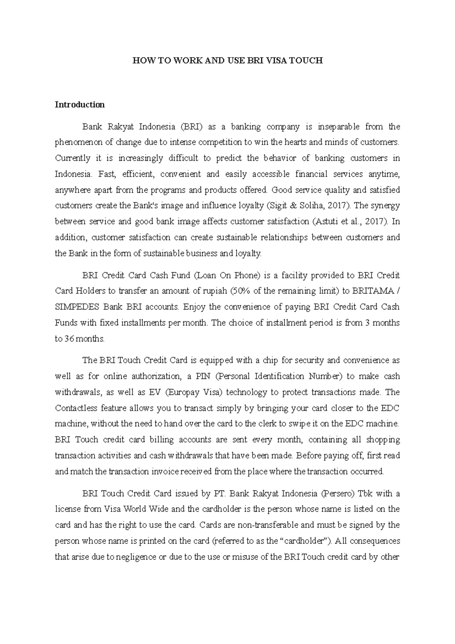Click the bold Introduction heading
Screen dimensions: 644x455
point(80,105)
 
